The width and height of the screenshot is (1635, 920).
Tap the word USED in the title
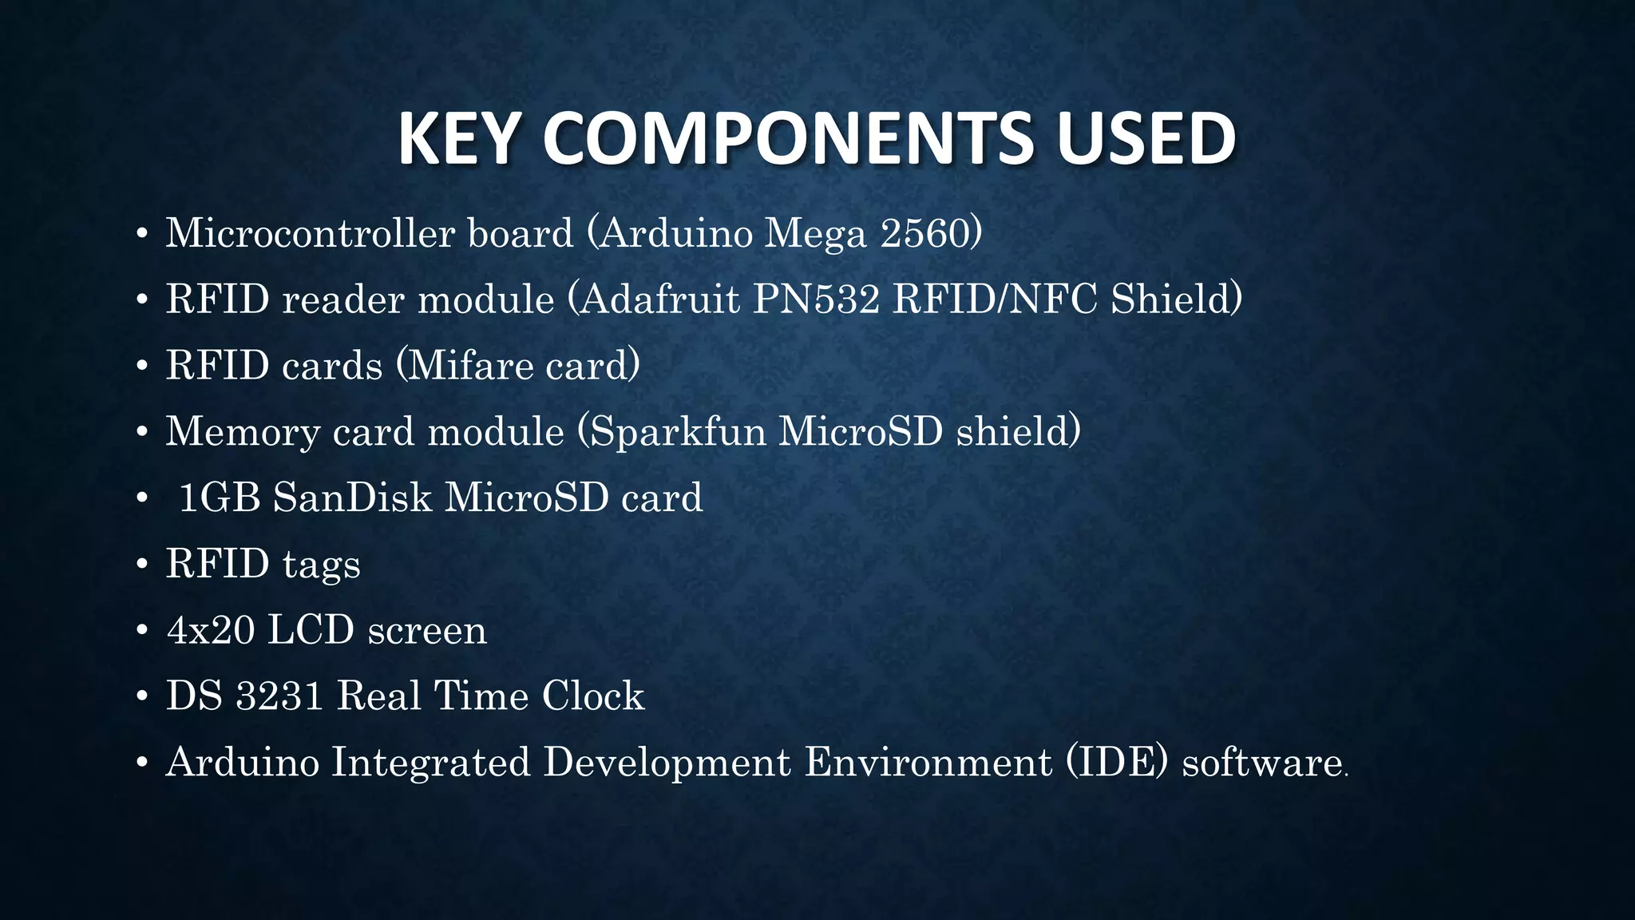tap(1146, 139)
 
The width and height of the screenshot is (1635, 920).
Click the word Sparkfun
tap(678, 432)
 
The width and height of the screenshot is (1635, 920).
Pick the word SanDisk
tap(352, 498)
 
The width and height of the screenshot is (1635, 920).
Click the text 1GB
tap(220, 498)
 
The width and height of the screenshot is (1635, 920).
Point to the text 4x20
tap(210, 630)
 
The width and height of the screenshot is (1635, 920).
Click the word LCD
tap(311, 630)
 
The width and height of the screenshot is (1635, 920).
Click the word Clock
tap(592, 696)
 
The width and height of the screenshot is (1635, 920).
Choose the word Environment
tap(928, 762)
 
